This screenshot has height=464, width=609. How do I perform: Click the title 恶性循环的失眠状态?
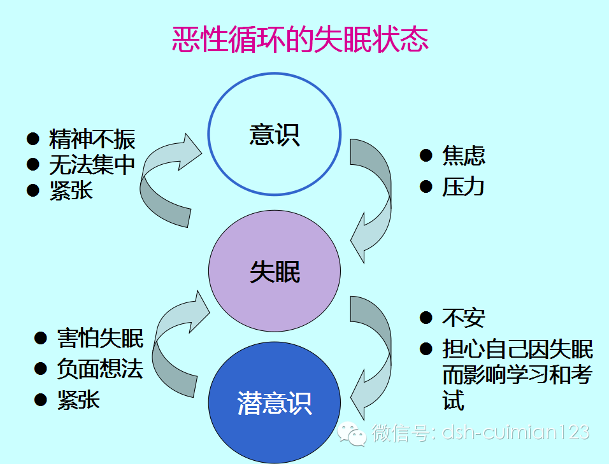point(300,39)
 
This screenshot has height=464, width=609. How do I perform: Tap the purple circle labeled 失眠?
point(275,272)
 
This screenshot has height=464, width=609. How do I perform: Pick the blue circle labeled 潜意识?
point(275,404)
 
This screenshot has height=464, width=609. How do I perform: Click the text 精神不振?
point(92,139)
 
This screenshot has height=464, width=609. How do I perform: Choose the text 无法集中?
point(92,165)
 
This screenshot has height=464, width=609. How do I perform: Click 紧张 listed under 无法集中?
point(71,190)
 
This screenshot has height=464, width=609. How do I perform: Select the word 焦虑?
point(463,155)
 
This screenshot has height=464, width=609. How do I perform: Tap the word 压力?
point(463,186)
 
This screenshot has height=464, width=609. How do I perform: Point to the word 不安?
point(463,317)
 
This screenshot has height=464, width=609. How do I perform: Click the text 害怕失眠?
point(100,339)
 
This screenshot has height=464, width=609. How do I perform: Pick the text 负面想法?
point(100,369)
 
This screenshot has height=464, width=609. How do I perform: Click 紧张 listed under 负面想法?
point(78,400)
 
